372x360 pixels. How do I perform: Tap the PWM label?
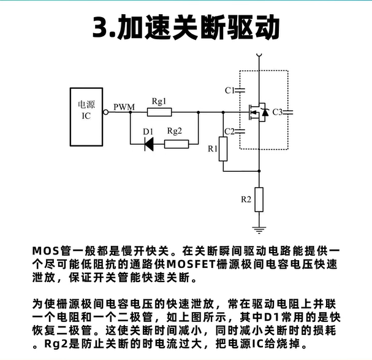point(124,108)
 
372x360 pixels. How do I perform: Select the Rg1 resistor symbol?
point(159,112)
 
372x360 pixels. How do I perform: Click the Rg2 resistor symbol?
point(177,144)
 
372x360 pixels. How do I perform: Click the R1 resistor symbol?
point(223,147)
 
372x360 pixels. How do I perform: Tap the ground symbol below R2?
point(259,230)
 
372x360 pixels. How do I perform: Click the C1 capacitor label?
point(230,91)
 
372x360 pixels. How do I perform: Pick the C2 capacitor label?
point(230,131)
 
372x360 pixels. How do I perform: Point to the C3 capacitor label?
point(278,112)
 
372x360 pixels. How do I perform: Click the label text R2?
point(246,199)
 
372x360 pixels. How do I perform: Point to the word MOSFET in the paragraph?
point(193,264)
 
